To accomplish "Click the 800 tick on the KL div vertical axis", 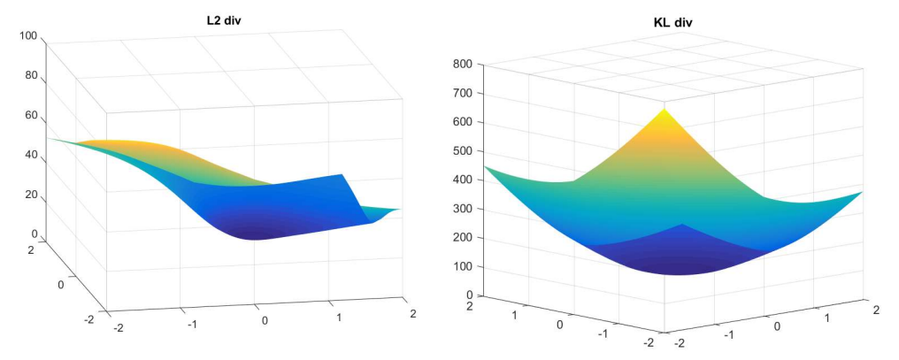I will point(464,65).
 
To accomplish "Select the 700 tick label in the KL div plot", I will point(464,93).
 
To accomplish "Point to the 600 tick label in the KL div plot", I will point(464,122).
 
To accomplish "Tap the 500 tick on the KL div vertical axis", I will point(464,151).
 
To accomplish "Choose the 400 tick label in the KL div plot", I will point(464,180).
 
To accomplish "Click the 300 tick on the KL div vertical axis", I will point(464,209).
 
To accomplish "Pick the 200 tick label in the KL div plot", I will point(464,238).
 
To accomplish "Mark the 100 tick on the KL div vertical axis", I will point(464,266).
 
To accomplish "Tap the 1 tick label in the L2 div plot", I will point(337,316).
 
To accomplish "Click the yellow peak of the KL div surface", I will point(662,112).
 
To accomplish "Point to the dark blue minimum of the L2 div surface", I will point(257,232).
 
